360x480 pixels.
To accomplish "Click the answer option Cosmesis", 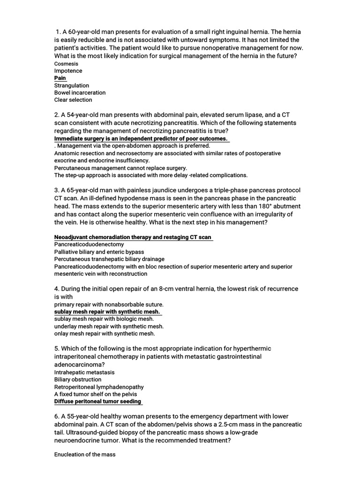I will point(66,63).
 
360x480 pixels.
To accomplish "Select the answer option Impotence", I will point(68,71).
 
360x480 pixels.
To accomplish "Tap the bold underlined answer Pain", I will point(60,78).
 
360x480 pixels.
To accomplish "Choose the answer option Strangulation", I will point(71,85).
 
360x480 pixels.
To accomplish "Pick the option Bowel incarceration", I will point(80,92).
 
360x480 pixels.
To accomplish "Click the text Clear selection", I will point(73,100).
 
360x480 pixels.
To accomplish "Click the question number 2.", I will point(57,115).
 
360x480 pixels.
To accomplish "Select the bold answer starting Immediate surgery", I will point(141,139).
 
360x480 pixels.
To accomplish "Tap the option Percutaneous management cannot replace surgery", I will point(120,168).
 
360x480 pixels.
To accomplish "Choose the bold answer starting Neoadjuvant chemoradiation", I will point(133,237).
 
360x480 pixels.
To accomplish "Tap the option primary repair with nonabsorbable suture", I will point(109,304).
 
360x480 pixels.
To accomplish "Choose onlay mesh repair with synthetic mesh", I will point(104,334).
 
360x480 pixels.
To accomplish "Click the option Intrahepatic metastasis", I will point(84,372).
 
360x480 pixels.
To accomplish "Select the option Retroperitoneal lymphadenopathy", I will point(99,387).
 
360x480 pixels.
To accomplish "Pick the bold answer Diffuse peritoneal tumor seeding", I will point(97,402).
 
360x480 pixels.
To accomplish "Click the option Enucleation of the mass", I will point(85,455).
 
